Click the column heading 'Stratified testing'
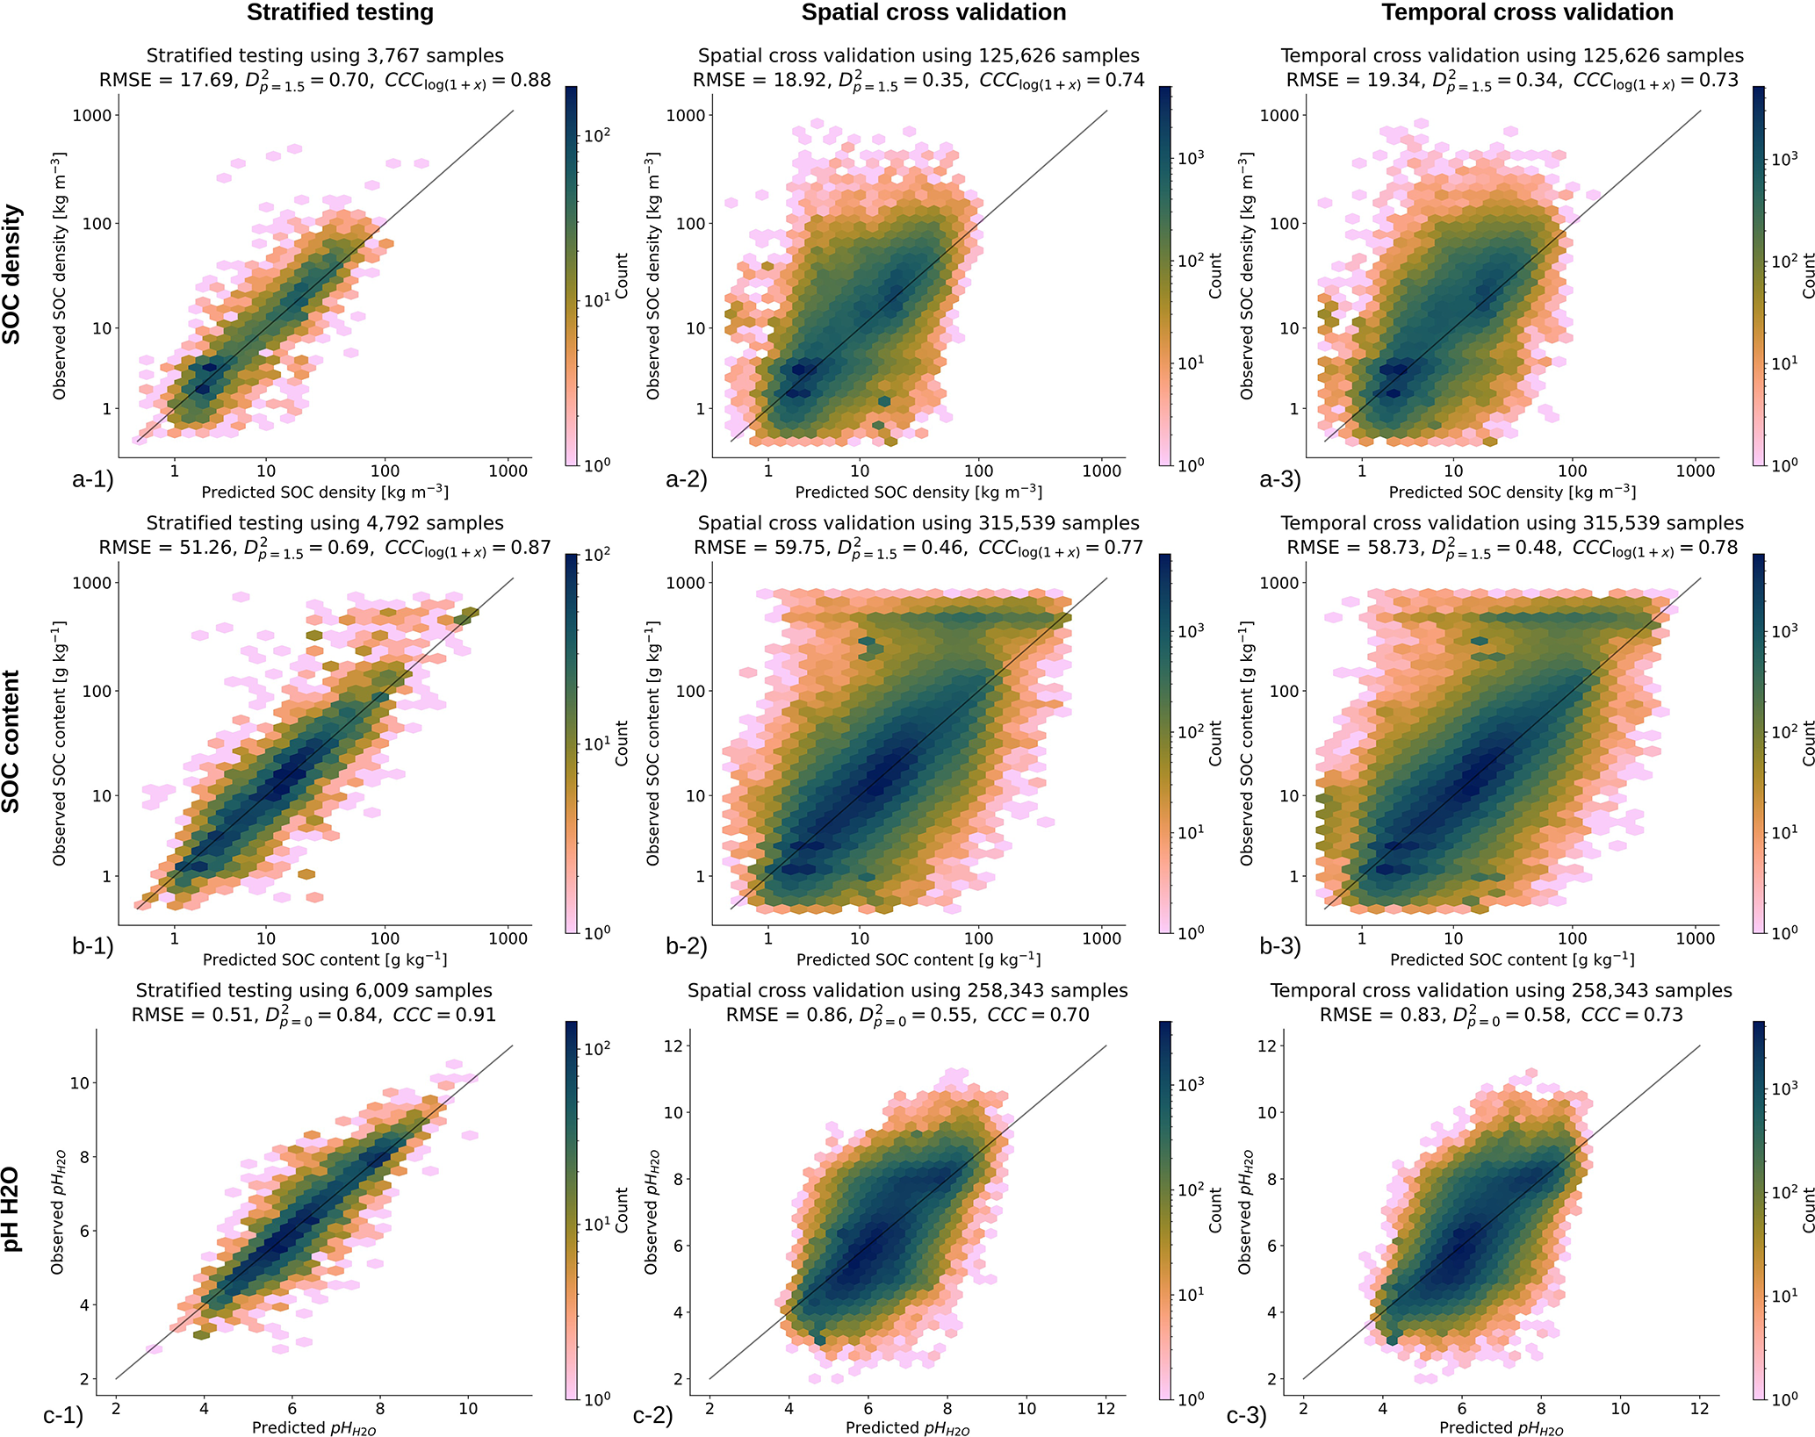click(x=340, y=13)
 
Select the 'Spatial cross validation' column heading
click(x=933, y=13)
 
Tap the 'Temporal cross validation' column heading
click(x=1527, y=13)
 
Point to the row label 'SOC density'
click(x=12, y=274)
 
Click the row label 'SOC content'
click(x=12, y=742)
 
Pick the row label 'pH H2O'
click(x=12, y=1210)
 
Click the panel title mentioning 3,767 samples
click(x=325, y=56)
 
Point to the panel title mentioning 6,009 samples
click(x=313, y=991)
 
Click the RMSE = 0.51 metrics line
click(x=313, y=1016)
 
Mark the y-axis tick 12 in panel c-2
click(x=673, y=1045)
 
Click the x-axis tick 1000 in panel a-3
click(x=1695, y=471)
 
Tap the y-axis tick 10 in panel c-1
click(x=80, y=1083)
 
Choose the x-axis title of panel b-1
click(x=325, y=959)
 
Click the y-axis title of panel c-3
click(x=1246, y=1212)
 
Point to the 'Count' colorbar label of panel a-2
click(x=1216, y=276)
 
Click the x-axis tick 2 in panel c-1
click(x=116, y=1408)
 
